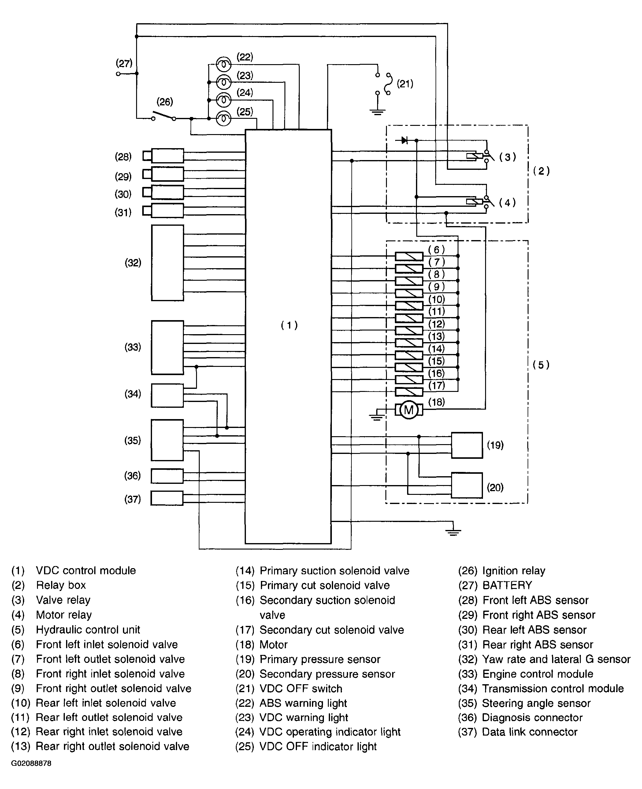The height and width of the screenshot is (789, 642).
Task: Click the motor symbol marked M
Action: click(x=409, y=410)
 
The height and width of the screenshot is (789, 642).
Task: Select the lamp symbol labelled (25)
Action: click(x=223, y=118)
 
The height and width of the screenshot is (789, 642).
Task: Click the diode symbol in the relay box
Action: click(x=404, y=141)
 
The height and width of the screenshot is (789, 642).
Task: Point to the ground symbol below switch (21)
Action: click(x=377, y=111)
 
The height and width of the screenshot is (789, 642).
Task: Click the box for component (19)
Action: click(x=467, y=445)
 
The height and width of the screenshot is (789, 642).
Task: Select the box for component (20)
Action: click(x=467, y=485)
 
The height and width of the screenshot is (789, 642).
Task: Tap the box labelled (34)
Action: click(x=167, y=395)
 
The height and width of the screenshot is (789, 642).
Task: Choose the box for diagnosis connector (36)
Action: click(x=167, y=476)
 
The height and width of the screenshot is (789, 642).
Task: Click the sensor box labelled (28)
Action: click(x=167, y=155)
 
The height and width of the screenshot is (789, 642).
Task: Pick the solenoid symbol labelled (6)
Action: click(x=409, y=256)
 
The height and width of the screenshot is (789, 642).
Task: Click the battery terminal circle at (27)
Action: click(x=118, y=74)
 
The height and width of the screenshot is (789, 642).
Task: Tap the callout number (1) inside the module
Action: click(x=289, y=325)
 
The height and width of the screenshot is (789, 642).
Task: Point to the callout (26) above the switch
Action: click(x=165, y=102)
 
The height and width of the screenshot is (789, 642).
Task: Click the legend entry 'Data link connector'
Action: click(x=529, y=732)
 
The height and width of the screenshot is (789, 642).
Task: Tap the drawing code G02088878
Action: click(x=31, y=763)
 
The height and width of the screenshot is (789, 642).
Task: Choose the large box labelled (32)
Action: click(x=167, y=263)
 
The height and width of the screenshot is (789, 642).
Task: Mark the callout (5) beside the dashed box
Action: click(x=541, y=365)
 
